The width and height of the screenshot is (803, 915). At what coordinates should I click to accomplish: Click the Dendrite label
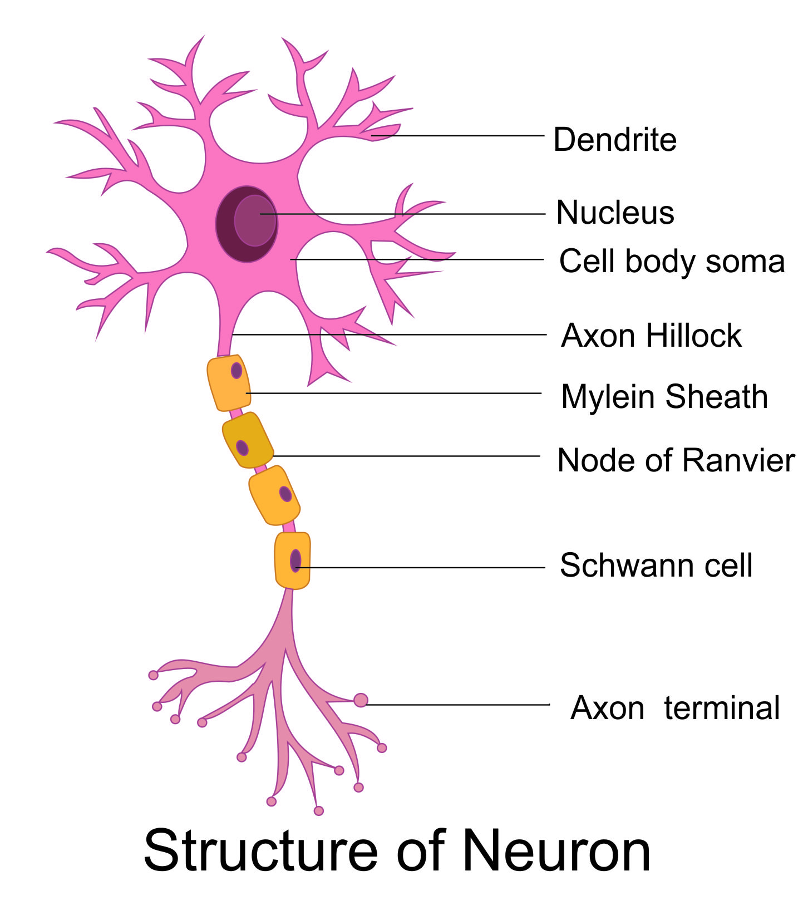tap(614, 139)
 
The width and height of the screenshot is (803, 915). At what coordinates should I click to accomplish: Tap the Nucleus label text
tap(615, 213)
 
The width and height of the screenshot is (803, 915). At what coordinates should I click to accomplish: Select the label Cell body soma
tap(672, 262)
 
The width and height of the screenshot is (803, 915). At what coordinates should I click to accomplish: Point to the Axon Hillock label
tap(651, 336)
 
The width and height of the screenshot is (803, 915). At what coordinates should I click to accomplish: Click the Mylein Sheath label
tap(664, 397)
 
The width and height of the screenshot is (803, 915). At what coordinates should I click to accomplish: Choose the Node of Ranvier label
tap(676, 461)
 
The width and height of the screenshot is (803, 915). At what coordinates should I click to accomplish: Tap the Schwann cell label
tap(656, 565)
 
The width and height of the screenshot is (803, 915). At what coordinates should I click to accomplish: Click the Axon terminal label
tap(675, 708)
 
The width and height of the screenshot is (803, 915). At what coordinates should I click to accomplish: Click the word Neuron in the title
tap(556, 851)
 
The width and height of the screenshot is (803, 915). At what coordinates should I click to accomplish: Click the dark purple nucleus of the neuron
tap(247, 224)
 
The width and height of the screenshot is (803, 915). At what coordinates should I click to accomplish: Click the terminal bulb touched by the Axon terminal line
tap(361, 700)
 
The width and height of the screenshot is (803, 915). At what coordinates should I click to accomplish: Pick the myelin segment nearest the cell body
tap(229, 383)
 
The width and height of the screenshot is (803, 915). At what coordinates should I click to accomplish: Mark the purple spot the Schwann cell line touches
tap(295, 560)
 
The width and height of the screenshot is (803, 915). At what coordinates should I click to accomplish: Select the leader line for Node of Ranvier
tap(406, 456)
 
